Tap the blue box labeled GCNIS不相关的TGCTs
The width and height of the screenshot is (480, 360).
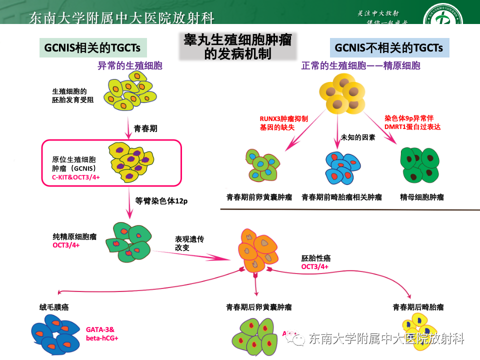pyautogui.click(x=389, y=48)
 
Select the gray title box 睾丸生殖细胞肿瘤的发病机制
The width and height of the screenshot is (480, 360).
pyautogui.click(x=237, y=46)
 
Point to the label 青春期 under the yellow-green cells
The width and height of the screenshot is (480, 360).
pyautogui.click(x=145, y=128)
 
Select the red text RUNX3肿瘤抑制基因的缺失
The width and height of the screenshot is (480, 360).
pyautogui.click(x=283, y=123)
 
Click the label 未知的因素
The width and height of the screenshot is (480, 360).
pyautogui.click(x=357, y=137)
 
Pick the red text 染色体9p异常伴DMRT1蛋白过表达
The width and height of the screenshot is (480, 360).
pyautogui.click(x=412, y=123)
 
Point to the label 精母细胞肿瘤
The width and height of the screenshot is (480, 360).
pyautogui.click(x=422, y=197)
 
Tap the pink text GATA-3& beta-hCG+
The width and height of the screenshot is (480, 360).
pyautogui.click(x=102, y=334)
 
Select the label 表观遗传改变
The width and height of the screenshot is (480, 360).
pyautogui.click(x=189, y=243)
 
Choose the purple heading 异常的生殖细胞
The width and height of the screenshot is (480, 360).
pyautogui.click(x=130, y=65)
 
